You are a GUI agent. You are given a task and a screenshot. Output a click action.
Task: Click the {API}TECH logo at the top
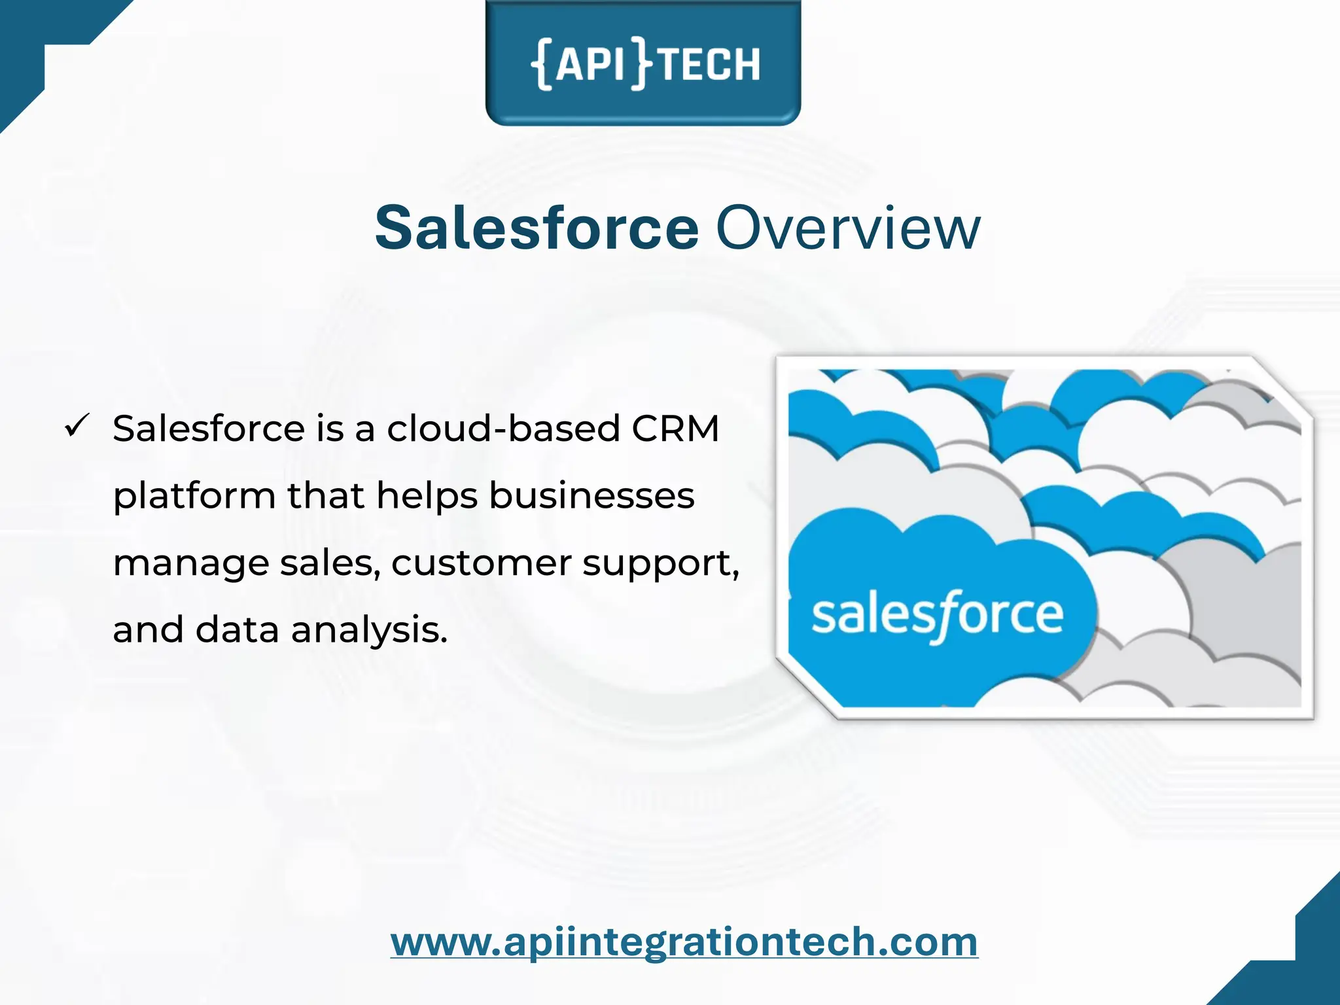coord(644,63)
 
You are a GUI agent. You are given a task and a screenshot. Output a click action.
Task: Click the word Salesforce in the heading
coord(537,228)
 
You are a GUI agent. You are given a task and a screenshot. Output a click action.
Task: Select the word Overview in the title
coord(848,228)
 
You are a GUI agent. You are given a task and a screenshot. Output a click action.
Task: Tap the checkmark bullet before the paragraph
coord(77,427)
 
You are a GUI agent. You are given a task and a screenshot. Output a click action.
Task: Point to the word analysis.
coord(369,631)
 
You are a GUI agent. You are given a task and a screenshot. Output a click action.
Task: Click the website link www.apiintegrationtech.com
coord(684,942)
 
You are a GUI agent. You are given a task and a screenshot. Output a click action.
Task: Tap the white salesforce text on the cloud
coord(937,615)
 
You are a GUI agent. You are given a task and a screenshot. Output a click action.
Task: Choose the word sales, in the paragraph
coord(330,563)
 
